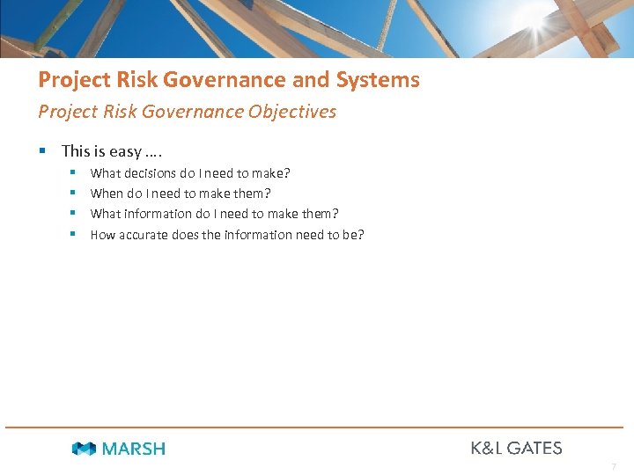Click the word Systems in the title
pyautogui.click(x=377, y=80)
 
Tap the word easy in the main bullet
pyautogui.click(x=125, y=151)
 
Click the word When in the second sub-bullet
pyautogui.click(x=107, y=194)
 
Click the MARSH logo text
pyautogui.click(x=134, y=449)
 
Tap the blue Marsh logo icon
pyautogui.click(x=84, y=449)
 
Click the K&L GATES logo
pyautogui.click(x=516, y=448)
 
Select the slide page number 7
pyautogui.click(x=614, y=466)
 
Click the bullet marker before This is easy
pyautogui.click(x=42, y=151)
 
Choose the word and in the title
pyautogui.click(x=310, y=80)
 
